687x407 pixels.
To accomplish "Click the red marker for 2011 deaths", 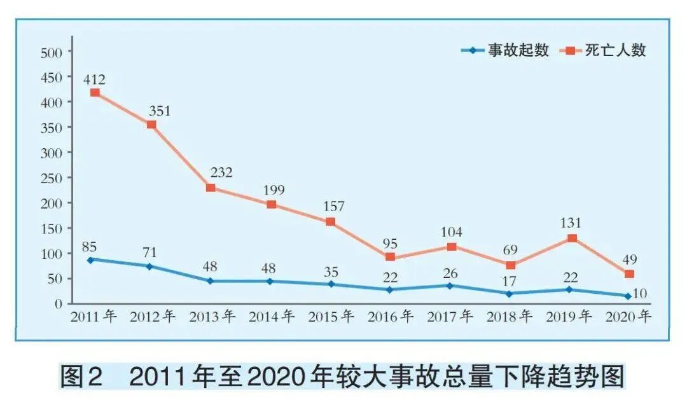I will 95,93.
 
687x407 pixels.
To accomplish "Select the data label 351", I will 161,110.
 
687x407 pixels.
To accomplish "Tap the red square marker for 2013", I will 211,188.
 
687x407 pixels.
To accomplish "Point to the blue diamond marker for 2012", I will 149,266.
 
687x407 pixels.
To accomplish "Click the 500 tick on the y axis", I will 51,52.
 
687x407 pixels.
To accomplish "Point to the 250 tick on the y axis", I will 51,179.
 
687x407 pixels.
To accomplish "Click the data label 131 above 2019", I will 571,223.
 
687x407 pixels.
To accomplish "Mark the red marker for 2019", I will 572,238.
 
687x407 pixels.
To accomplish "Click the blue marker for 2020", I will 628,296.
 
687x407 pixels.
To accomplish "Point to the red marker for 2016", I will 390,257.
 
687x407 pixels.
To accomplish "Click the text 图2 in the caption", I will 81,378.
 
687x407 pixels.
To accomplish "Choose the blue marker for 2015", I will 331,284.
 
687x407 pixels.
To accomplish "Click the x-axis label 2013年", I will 212,316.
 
